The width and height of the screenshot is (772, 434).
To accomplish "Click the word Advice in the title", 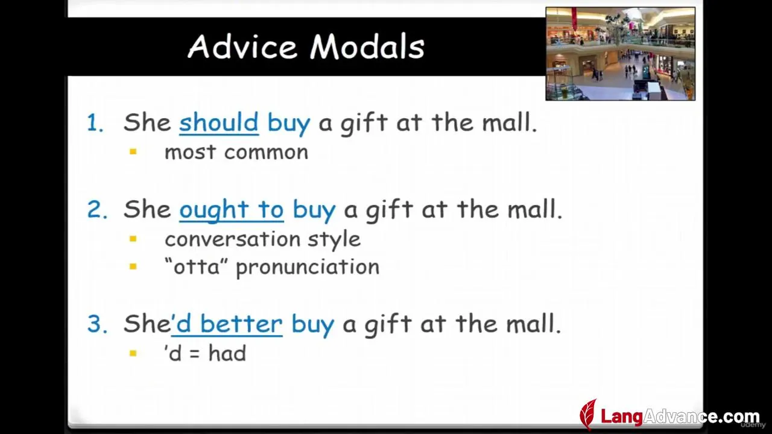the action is pos(242,46).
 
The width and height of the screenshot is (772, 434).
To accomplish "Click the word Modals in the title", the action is pos(367,46).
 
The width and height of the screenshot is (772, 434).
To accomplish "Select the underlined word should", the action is pos(219,122).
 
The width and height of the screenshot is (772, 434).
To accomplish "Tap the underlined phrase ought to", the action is pos(231,209).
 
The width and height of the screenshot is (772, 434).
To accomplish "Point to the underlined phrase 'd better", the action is pos(227,324).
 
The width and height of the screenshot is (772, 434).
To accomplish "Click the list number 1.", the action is pos(95,123).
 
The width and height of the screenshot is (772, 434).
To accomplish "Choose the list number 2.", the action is pos(97,209).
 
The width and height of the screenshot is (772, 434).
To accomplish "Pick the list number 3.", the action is pos(97,324).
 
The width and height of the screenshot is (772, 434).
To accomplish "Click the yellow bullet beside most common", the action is pos(133,152).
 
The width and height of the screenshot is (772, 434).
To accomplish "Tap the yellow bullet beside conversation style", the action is pos(133,239).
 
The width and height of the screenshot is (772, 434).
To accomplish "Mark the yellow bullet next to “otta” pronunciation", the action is pos(133,266).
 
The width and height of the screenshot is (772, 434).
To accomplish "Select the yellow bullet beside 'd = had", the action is pos(133,353).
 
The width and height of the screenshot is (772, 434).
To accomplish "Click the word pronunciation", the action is pos(308,268).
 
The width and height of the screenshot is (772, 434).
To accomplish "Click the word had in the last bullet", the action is pos(227,353).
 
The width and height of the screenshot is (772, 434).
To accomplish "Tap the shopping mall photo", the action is pos(621,54).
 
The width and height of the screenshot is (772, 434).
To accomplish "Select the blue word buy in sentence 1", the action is pos(289,124).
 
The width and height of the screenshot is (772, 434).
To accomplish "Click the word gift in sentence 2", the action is pos(390,210).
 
